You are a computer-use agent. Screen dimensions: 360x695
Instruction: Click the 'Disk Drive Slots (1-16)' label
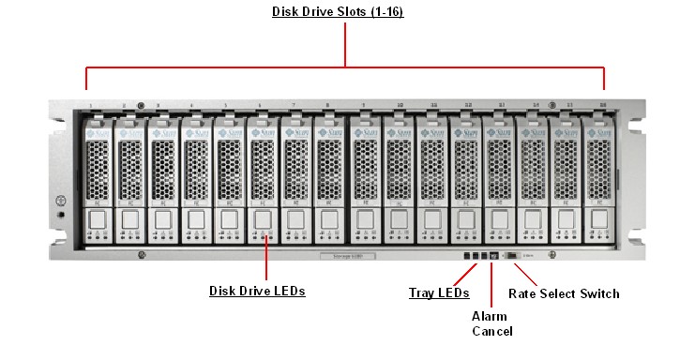[x=338, y=12]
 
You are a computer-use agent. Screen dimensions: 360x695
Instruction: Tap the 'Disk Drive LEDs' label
[x=256, y=292]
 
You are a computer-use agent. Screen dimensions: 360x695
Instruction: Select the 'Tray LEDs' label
[x=439, y=293]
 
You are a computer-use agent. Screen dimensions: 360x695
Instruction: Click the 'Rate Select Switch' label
[x=564, y=293]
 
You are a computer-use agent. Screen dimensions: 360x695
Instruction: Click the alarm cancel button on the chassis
[x=493, y=255]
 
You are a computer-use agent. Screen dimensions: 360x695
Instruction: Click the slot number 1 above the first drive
[x=90, y=106]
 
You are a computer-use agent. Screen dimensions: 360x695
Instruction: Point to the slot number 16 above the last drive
[x=603, y=106]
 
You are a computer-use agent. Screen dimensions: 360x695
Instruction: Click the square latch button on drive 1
[x=97, y=219]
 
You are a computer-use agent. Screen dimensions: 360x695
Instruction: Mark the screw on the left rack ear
[x=59, y=200]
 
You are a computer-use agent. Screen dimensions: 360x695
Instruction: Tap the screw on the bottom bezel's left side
[x=141, y=256]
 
